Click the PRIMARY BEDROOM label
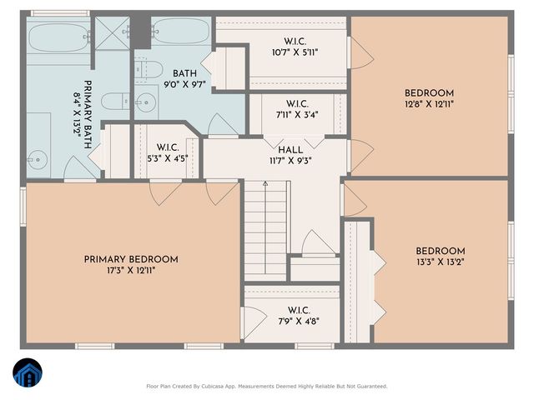coord(131,259)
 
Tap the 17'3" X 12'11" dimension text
coord(132,271)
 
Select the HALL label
coord(290,150)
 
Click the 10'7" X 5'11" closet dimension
coord(295,52)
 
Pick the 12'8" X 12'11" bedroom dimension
coord(429,104)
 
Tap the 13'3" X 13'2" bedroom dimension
coord(441,262)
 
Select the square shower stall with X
coord(112,33)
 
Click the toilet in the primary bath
coord(115,102)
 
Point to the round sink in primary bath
coord(38,159)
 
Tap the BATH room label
coord(184,73)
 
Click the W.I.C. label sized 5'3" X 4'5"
coord(168,147)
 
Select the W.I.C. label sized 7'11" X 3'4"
coord(297,103)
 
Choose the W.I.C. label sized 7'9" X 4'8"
coord(299,310)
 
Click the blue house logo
coord(28,372)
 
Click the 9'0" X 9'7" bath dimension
coord(185,84)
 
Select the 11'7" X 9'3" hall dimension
coord(290,161)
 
